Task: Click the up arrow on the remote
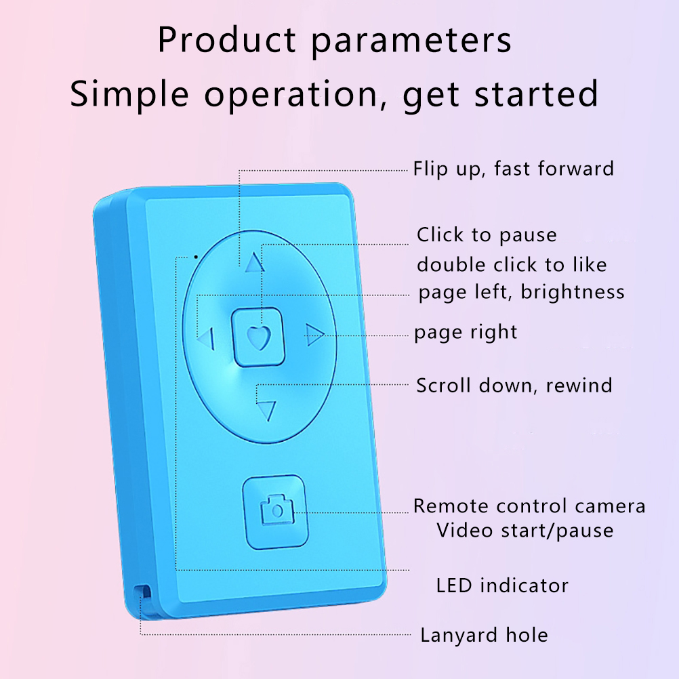(255, 263)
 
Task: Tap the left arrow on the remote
(206, 338)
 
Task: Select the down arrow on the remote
(266, 411)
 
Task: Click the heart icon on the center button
(259, 337)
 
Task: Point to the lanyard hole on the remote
(143, 592)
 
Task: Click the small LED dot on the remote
(196, 257)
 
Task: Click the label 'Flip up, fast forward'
(514, 169)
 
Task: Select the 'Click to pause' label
(487, 235)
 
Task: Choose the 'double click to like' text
(512, 264)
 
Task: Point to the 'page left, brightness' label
(521, 292)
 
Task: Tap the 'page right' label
(466, 333)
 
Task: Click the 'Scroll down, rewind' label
(514, 386)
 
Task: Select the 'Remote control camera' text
(529, 506)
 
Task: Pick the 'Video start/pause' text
(525, 531)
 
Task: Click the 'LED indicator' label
(502, 586)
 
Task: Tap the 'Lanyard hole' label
(484, 635)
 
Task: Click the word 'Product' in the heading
(227, 40)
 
